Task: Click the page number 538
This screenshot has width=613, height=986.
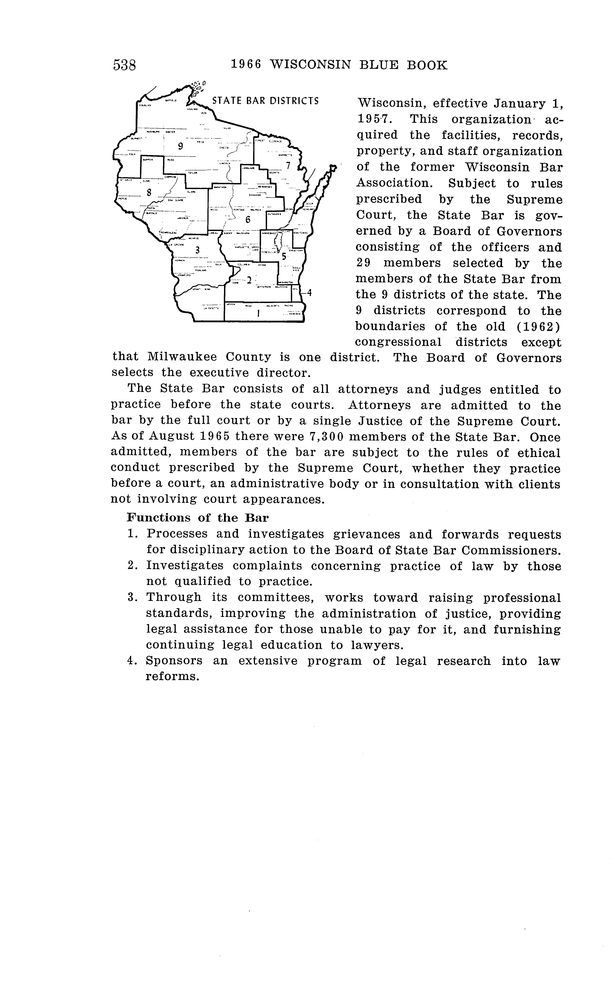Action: tap(124, 65)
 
